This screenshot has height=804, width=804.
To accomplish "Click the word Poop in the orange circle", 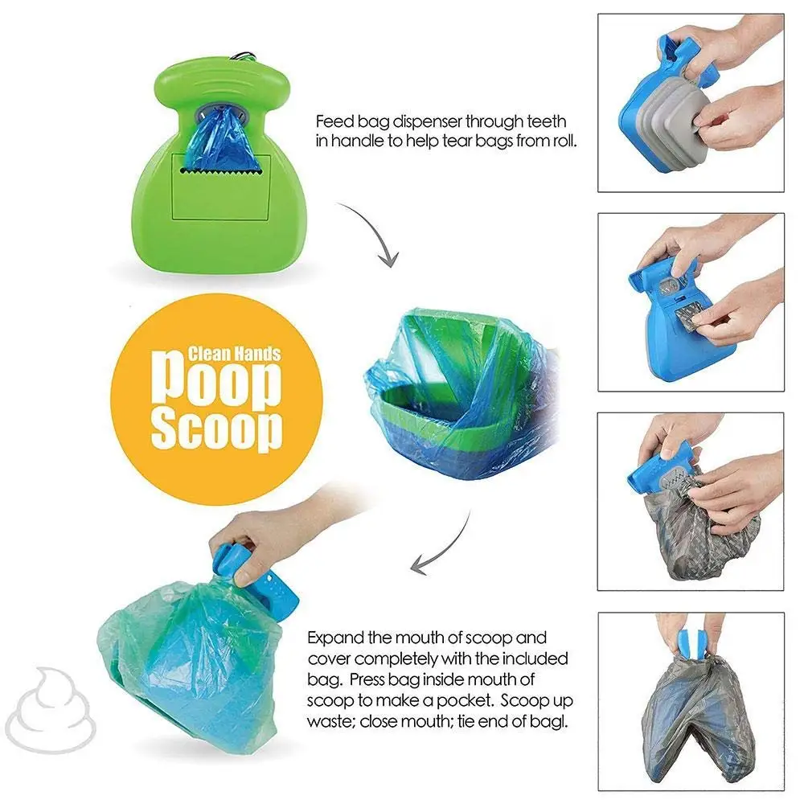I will [218, 384].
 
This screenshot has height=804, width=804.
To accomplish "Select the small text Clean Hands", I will [234, 354].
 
